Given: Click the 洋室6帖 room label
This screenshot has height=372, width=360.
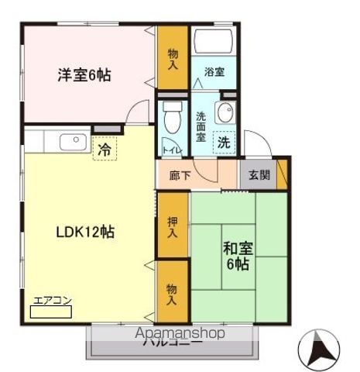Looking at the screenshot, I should [x=83, y=75].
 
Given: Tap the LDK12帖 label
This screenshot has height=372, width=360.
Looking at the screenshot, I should [x=85, y=232].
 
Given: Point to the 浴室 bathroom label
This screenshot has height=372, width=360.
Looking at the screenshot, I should [x=214, y=72].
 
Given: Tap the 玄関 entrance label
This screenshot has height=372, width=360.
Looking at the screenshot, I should [x=259, y=174].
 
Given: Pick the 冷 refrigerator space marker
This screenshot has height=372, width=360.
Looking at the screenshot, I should [x=103, y=149].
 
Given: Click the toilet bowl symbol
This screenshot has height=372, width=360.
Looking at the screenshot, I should [x=172, y=118].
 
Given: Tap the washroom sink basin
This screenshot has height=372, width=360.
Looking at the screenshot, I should [x=225, y=113].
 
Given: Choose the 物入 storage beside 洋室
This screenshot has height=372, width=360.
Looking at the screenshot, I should [x=173, y=57].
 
